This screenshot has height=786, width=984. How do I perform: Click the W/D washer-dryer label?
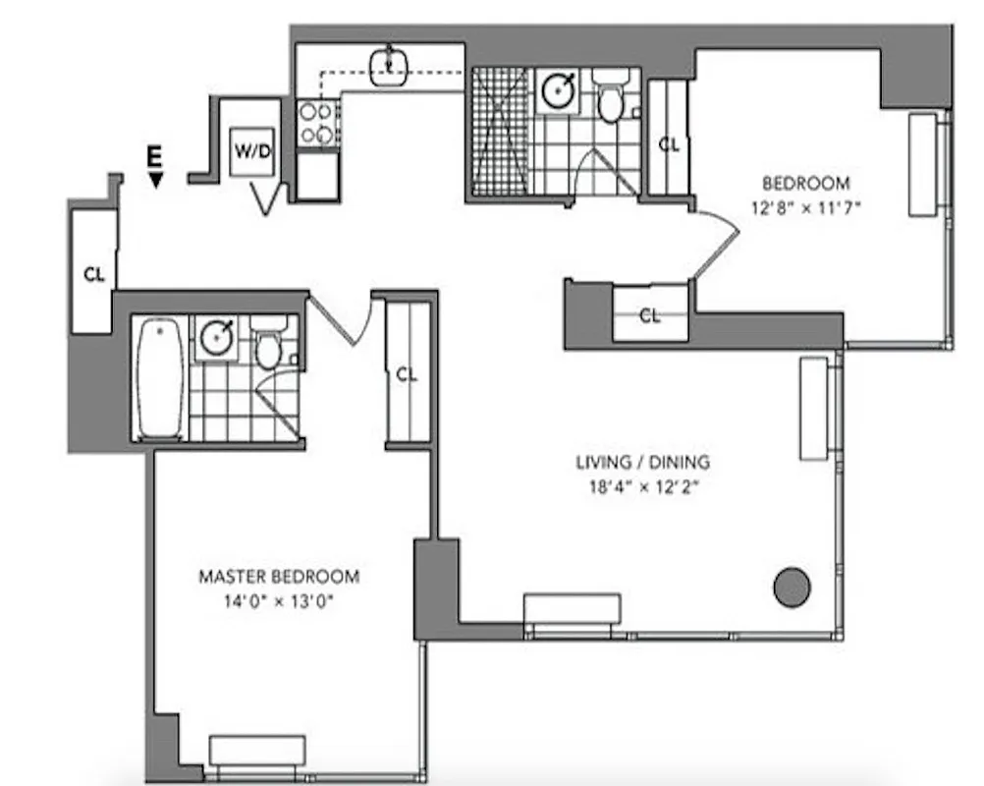pyautogui.click(x=251, y=152)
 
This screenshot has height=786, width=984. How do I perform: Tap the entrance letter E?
pyautogui.click(x=154, y=155)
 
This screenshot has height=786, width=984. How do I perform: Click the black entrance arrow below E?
pyautogui.click(x=155, y=178)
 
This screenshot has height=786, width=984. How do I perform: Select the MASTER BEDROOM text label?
pyautogui.click(x=279, y=577)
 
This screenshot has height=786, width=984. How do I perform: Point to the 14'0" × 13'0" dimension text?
pyautogui.click(x=279, y=601)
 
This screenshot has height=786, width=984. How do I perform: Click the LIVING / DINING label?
pyautogui.click(x=642, y=462)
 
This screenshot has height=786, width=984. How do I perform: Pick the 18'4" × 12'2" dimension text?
pyautogui.click(x=642, y=486)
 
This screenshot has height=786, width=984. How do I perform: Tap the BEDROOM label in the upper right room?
pyautogui.click(x=805, y=183)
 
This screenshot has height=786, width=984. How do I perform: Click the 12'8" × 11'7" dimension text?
pyautogui.click(x=805, y=207)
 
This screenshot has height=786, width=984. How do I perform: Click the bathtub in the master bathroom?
pyautogui.click(x=160, y=378)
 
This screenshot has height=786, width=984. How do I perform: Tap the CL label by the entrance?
pyautogui.click(x=94, y=275)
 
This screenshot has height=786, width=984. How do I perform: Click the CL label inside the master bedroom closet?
pyautogui.click(x=407, y=374)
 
